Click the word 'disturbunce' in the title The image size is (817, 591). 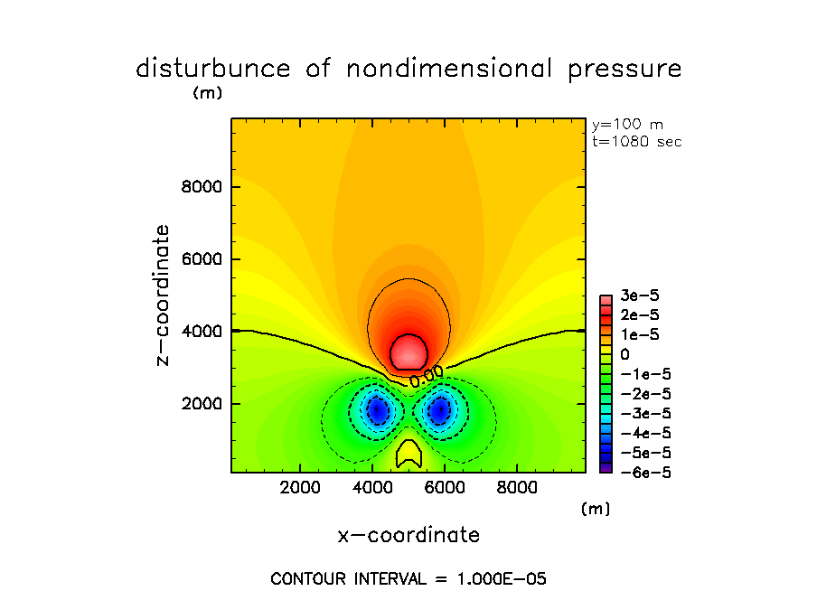(213, 69)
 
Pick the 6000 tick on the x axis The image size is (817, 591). (443, 487)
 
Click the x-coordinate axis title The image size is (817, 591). (408, 535)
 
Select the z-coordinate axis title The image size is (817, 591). (163, 295)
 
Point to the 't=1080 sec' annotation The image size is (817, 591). (636, 142)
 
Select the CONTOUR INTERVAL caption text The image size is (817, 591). (408, 578)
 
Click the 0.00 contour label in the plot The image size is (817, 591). (426, 376)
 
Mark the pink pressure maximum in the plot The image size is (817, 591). (408, 351)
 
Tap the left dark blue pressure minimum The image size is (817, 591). (378, 411)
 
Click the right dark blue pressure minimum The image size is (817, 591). (440, 411)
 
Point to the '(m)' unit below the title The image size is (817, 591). (207, 92)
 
